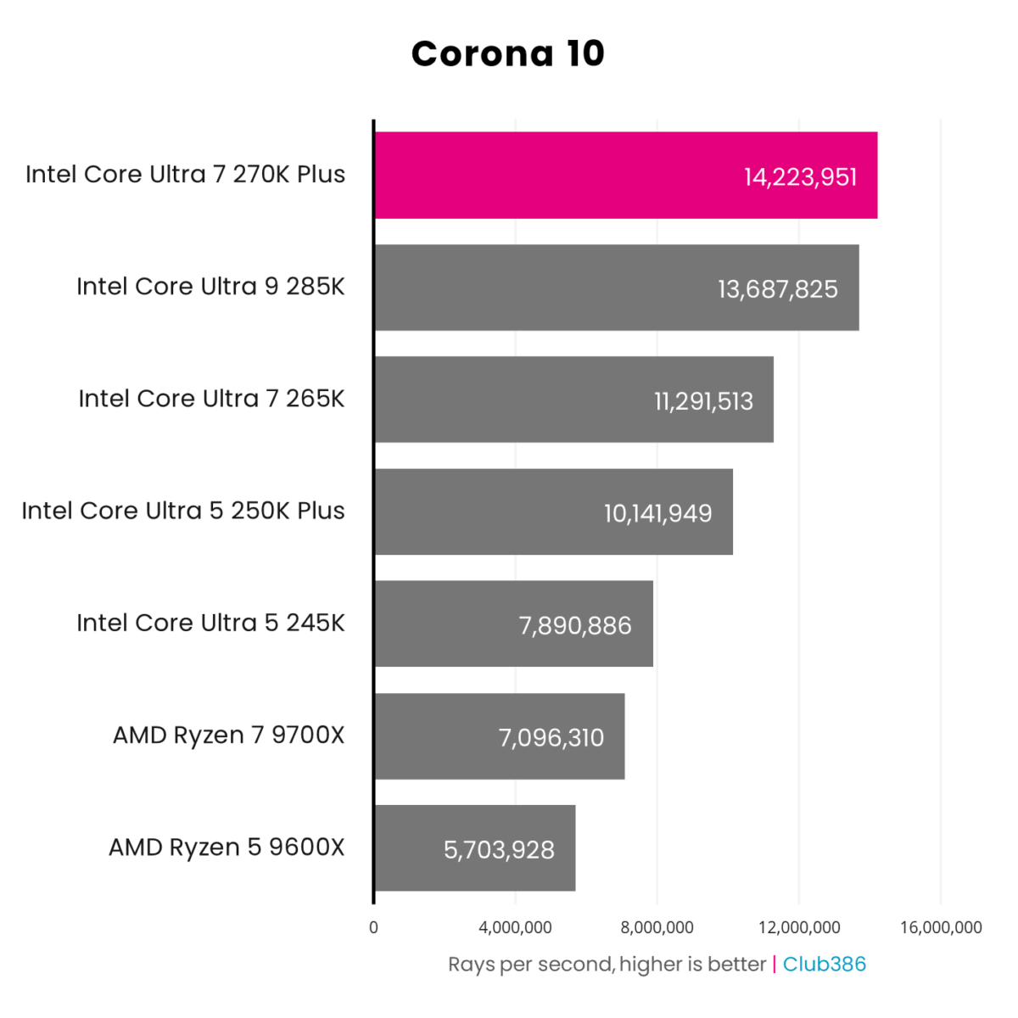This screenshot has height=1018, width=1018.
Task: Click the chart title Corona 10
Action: point(507,53)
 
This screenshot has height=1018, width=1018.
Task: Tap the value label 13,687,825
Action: point(777,289)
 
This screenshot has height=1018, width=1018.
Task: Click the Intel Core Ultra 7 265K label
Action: point(211,399)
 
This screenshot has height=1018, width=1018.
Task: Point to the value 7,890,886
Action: point(575,626)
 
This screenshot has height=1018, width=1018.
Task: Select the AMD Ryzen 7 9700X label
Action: point(229,735)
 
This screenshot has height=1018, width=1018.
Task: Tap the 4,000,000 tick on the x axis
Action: point(515,927)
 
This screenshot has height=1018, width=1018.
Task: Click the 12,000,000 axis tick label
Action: point(799,927)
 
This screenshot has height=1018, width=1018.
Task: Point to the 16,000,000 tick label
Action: point(941,927)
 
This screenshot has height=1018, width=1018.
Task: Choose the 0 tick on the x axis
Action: point(373,927)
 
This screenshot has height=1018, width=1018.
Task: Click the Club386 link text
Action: point(824,965)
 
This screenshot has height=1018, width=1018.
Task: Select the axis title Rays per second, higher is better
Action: point(607,965)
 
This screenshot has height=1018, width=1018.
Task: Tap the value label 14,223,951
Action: point(800,177)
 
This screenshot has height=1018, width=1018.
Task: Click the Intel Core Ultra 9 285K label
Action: point(210,287)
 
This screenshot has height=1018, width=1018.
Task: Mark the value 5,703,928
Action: point(499,850)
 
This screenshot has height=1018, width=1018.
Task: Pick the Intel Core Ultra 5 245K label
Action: point(210,623)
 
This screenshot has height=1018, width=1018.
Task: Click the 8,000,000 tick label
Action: point(657,927)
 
